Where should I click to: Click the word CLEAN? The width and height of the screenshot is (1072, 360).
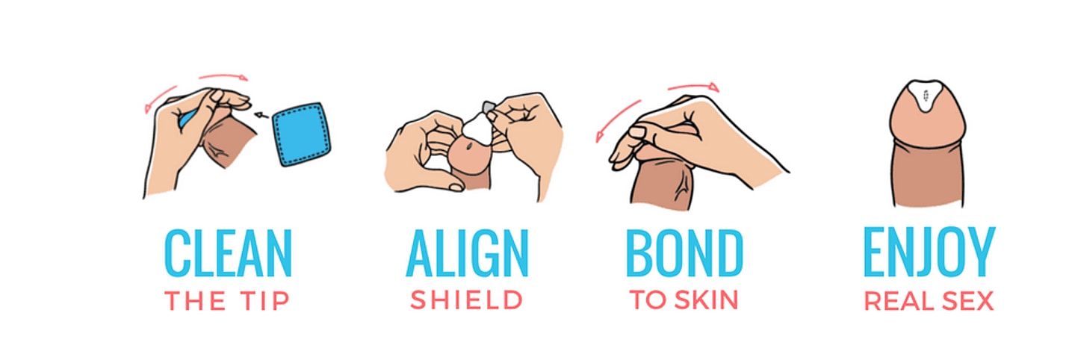pos(228,253)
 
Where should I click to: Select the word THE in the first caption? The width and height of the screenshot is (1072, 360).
pos(195,301)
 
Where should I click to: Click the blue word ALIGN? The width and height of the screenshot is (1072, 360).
pos(467,253)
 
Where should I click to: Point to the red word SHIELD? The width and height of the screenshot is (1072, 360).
pos(467,300)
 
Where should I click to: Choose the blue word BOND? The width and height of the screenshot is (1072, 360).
pos(684,253)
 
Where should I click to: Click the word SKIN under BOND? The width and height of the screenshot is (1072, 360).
pos(707,300)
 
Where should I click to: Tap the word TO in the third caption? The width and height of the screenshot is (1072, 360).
pos(648,300)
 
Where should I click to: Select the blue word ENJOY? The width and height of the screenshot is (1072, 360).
pos(929,252)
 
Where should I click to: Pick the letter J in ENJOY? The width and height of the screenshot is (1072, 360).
pos(923,253)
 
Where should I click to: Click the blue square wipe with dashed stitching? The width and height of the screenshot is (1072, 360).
pos(302,134)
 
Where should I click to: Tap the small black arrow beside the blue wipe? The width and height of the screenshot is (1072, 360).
pos(261,115)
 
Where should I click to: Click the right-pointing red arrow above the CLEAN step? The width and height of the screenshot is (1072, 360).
pos(223,76)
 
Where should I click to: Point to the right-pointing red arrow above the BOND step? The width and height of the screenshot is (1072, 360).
pos(693,87)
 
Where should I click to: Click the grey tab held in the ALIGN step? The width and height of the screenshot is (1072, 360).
pos(488,106)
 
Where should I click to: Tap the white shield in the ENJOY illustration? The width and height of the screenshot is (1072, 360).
pos(926,95)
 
